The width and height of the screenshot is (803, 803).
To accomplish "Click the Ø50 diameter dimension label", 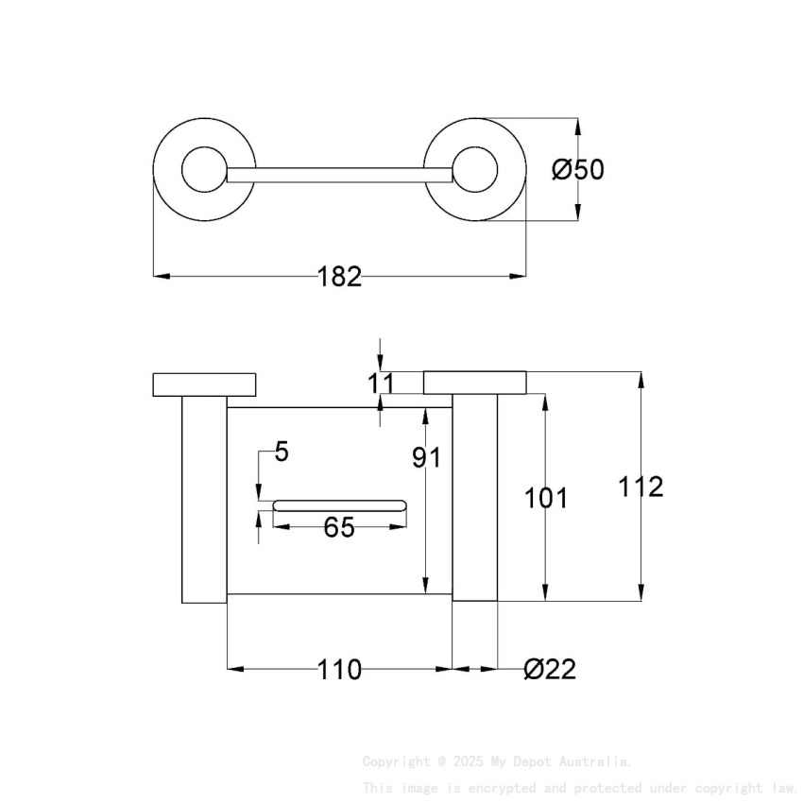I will click(577, 170).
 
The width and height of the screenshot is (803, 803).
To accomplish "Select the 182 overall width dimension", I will click(339, 277).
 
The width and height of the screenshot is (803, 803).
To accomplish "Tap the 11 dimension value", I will click(380, 383).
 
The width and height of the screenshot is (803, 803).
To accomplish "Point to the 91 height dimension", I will click(427, 458).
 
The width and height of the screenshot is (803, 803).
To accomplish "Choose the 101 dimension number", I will click(546, 498).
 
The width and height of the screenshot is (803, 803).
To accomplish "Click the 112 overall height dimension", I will click(641, 487).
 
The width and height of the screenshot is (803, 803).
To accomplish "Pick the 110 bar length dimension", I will click(339, 670).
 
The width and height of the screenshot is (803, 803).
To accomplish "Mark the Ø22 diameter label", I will click(549, 670).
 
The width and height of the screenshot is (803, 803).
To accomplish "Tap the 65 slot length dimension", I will click(339, 528).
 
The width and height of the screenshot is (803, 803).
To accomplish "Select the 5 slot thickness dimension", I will click(282, 452).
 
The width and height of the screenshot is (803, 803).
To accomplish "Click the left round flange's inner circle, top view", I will click(204, 170).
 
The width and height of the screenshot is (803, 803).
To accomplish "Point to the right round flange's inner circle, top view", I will click(474, 170).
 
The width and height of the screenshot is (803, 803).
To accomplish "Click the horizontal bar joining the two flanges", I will click(339, 175).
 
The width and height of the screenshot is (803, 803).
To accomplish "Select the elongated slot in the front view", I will click(339, 505).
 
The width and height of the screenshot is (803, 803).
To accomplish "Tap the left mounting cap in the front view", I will click(204, 384).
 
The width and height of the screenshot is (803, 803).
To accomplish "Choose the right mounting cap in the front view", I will click(474, 382).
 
